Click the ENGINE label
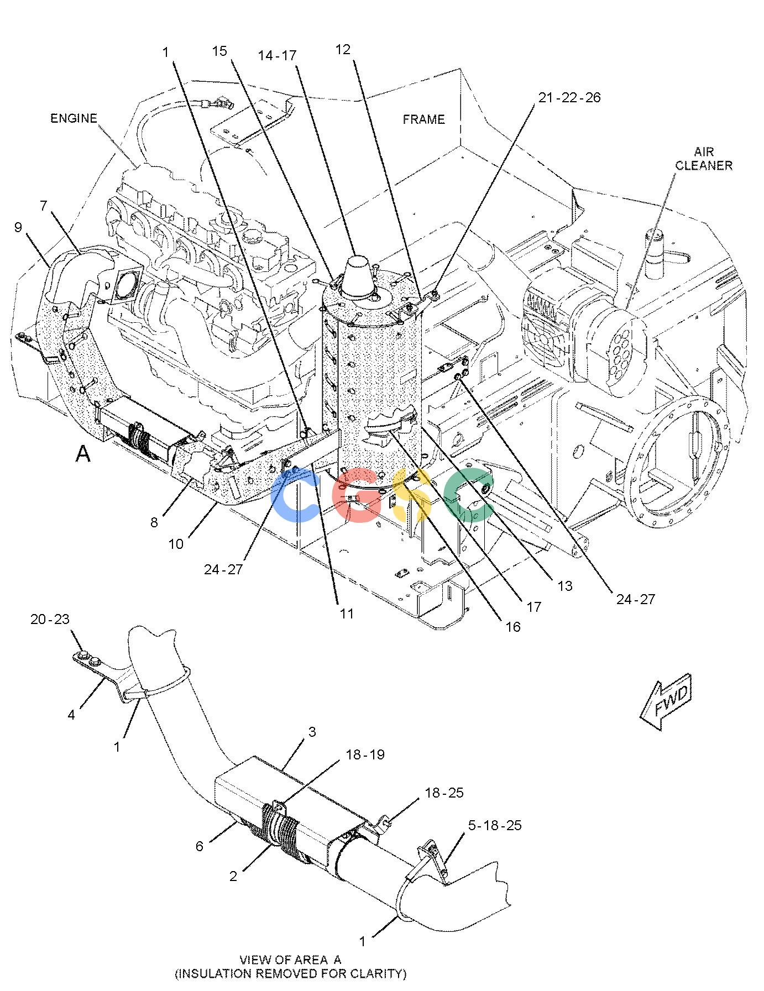click(x=74, y=118)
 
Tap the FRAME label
click(x=423, y=119)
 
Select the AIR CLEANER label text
click(x=704, y=158)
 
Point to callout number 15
click(x=219, y=51)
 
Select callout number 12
click(x=343, y=50)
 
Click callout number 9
click(x=18, y=227)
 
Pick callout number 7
click(x=44, y=206)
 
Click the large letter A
click(x=83, y=454)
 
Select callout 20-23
click(x=50, y=620)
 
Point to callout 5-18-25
click(x=495, y=826)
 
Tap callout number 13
click(x=564, y=586)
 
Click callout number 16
click(x=512, y=627)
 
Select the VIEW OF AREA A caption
click(x=290, y=960)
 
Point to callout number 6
click(x=200, y=846)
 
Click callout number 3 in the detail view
click(x=312, y=732)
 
